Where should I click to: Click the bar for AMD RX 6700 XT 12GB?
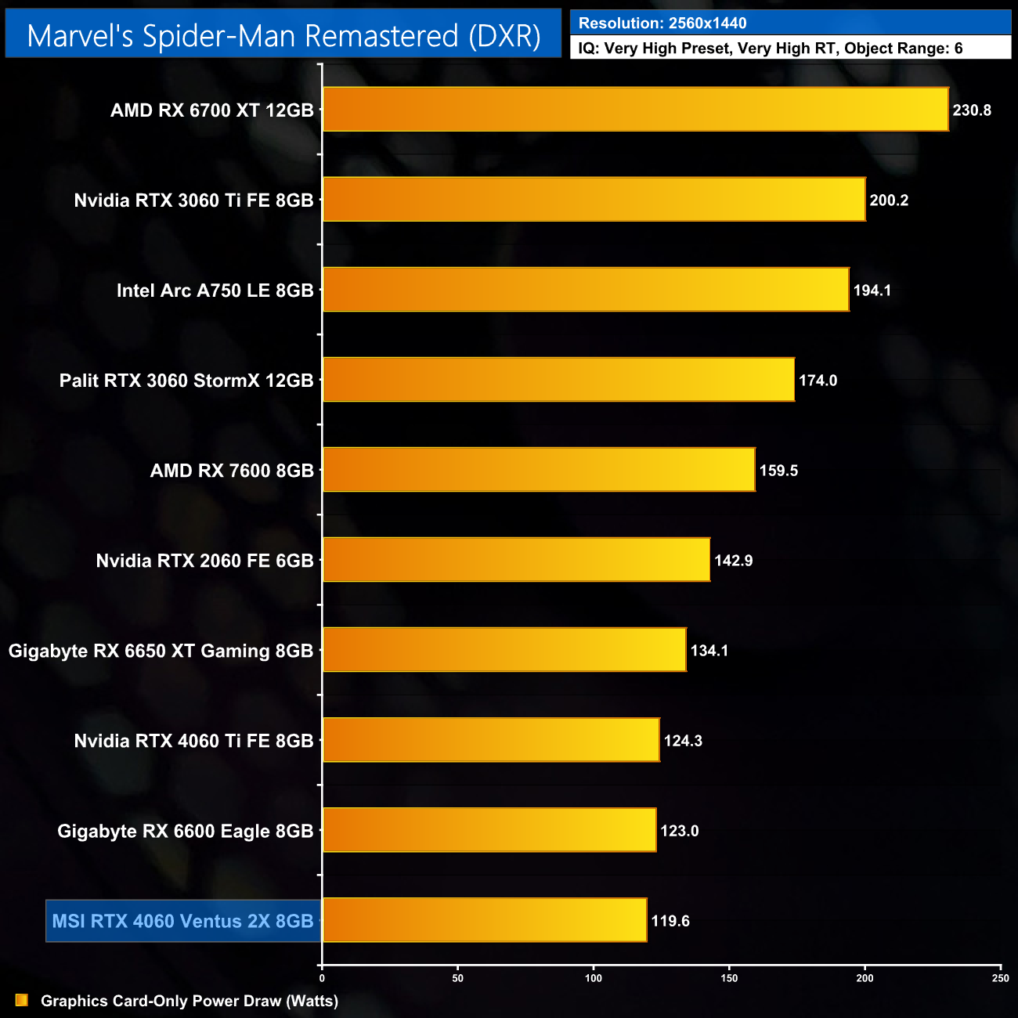pos(635,110)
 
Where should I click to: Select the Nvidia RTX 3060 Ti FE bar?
pos(594,200)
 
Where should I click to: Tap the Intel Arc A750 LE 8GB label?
pos(215,291)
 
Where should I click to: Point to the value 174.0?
pos(818,381)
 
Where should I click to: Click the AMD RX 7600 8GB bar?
pos(539,470)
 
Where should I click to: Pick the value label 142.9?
pos(733,561)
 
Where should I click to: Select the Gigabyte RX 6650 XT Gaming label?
pos(161,651)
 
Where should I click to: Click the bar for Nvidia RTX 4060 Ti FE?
pos(491,740)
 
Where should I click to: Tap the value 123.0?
pos(679,831)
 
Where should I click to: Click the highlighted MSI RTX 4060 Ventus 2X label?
pos(182,921)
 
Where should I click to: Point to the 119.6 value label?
pos(670,921)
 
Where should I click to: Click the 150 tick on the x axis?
pos(729,978)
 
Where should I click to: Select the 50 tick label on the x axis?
pos(458,978)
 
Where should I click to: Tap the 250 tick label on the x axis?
pos(1000,978)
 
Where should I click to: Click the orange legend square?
pos(22,1001)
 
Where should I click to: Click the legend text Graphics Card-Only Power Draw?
pos(190,1001)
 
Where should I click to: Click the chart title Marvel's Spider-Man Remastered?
pos(283,36)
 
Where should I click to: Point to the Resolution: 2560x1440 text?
pos(662,23)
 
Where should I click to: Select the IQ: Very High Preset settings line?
pos(771,49)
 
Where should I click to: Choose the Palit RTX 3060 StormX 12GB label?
pos(186,381)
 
